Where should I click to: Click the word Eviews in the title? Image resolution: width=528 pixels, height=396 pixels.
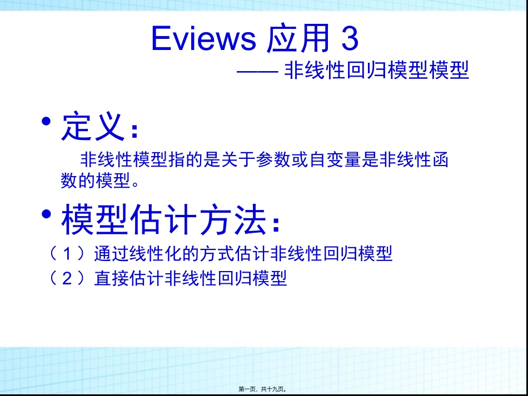pos(203,39)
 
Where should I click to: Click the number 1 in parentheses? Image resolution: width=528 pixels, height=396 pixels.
pos(67,254)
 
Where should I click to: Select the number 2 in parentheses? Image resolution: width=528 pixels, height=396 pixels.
pos(67,278)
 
